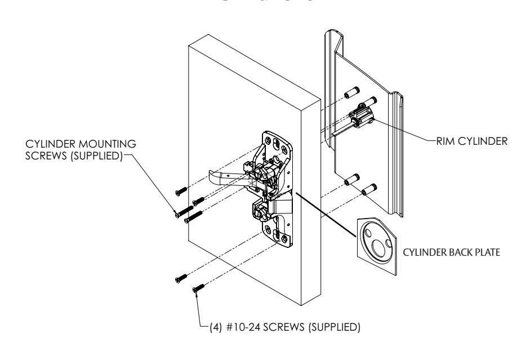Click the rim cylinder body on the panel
point(360,117)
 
